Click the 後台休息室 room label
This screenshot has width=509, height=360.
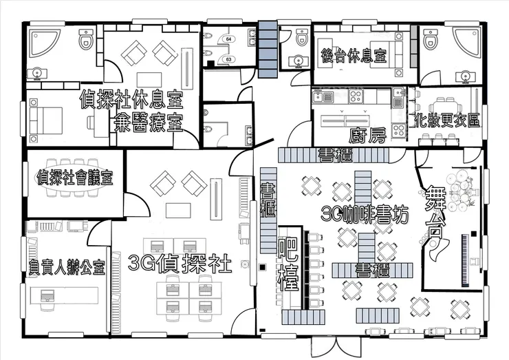354,56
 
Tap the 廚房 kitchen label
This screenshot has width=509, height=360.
368,135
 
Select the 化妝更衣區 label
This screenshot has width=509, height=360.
447,120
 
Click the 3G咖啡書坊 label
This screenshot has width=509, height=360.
365,214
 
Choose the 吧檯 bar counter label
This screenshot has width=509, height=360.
289,265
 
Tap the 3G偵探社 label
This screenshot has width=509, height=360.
180,264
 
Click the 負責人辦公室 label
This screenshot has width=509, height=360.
67,268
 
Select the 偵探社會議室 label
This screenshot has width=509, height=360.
75,177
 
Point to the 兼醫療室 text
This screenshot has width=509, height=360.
148,123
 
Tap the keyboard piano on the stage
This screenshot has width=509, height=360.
465,260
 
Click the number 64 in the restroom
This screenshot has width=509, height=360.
229,39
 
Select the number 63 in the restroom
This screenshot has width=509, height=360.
229,59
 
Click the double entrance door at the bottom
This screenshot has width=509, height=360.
325,347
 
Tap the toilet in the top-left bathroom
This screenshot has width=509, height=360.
87,39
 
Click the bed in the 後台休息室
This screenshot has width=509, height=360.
387,54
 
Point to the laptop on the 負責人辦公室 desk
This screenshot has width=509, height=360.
47,296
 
